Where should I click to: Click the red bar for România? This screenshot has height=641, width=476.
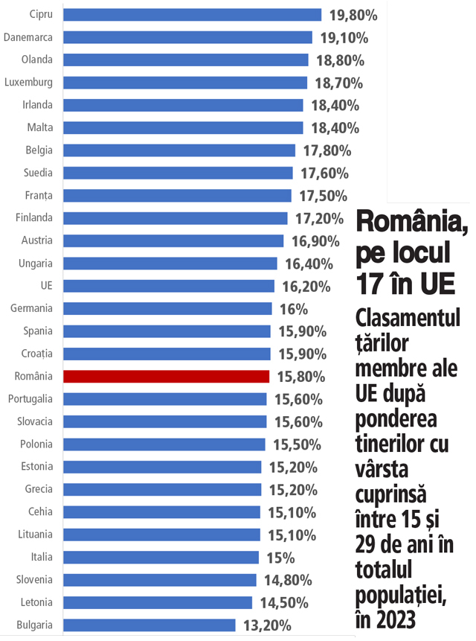166,377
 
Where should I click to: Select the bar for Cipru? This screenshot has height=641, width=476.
192,15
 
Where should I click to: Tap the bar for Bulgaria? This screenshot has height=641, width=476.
149,625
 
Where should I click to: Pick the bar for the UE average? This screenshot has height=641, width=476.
169,286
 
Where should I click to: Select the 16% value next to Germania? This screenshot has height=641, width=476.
292,309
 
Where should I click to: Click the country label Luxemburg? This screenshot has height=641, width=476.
28,83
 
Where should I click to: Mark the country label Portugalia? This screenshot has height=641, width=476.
30,399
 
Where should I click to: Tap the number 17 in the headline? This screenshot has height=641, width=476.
370,284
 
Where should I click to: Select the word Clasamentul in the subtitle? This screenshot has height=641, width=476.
408,318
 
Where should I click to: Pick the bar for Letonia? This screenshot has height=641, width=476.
158,602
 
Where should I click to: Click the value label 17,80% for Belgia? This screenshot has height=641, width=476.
327,151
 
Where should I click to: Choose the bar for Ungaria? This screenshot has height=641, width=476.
170,264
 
